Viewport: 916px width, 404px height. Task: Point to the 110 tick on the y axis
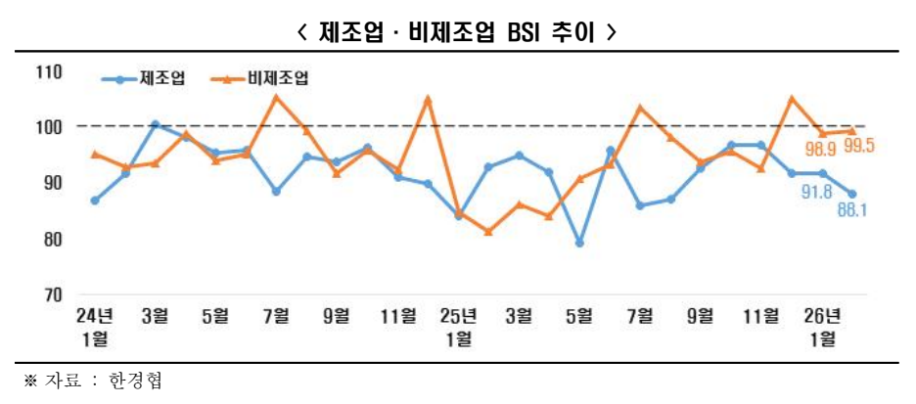(x=49, y=71)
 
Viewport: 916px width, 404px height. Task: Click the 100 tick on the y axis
(x=49, y=127)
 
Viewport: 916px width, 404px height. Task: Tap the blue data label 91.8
(x=816, y=193)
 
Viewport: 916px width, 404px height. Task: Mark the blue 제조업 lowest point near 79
(x=580, y=243)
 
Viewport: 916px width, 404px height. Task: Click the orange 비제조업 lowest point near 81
(x=488, y=232)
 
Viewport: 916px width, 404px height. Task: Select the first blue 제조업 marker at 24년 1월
(x=94, y=201)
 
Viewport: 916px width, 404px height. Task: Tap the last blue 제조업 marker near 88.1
(x=852, y=194)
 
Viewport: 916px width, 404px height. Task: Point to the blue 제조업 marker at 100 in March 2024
(x=155, y=124)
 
